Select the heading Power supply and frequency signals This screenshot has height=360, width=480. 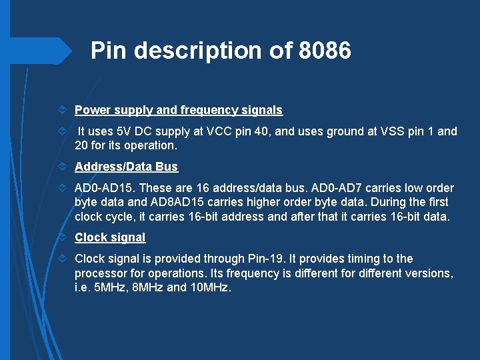pos(178,110)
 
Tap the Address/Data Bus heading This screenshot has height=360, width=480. pos(126,167)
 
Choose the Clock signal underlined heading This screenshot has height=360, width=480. pos(109,237)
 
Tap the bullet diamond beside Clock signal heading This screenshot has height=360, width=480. pos(62,238)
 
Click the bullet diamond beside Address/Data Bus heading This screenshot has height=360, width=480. pos(62,167)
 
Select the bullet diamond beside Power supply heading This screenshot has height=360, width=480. pos(62,111)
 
